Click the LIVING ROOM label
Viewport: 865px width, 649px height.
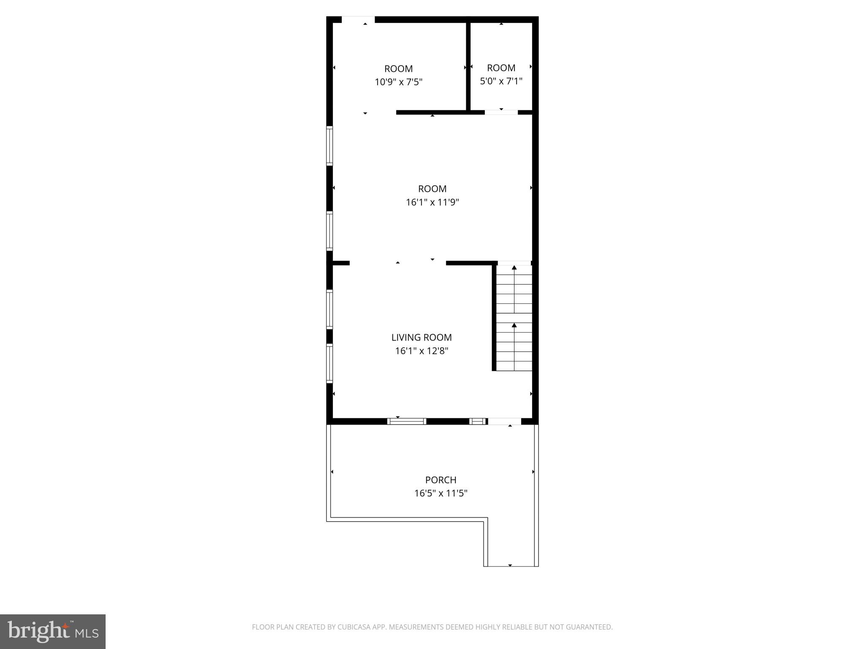tap(421, 337)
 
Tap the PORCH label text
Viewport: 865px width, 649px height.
tap(441, 480)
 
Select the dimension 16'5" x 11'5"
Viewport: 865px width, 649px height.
tap(441, 493)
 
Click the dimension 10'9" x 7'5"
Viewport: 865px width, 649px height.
tap(398, 82)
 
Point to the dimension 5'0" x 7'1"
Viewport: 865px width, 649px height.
tap(501, 81)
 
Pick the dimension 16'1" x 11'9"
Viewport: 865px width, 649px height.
tap(432, 202)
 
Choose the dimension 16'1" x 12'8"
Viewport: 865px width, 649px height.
tap(421, 351)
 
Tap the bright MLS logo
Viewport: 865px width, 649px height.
tap(53, 631)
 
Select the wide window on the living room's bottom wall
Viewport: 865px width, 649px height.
tap(406, 421)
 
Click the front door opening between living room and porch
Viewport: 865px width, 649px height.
tap(504, 421)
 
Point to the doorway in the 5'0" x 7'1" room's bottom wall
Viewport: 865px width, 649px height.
tap(501, 112)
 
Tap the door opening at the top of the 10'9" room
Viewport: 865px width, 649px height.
tap(358, 19)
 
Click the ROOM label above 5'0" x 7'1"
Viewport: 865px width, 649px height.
tap(501, 68)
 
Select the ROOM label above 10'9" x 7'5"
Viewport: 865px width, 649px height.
tap(398, 69)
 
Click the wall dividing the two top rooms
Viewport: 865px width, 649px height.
tap(468, 65)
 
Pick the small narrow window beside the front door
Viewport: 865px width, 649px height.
tap(478, 421)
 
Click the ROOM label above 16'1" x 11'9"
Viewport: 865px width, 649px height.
tap(432, 189)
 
